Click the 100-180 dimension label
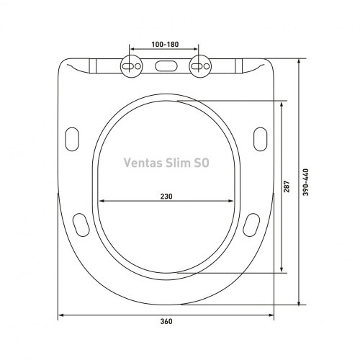point(166,45)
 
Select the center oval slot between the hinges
point(166,67)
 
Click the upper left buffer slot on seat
point(73,137)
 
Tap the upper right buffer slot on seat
point(260,137)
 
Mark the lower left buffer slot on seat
point(81,224)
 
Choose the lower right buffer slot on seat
point(252,224)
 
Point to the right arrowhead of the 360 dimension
point(271,315)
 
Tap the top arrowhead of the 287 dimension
point(282,103)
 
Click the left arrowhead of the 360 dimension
point(61,315)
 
